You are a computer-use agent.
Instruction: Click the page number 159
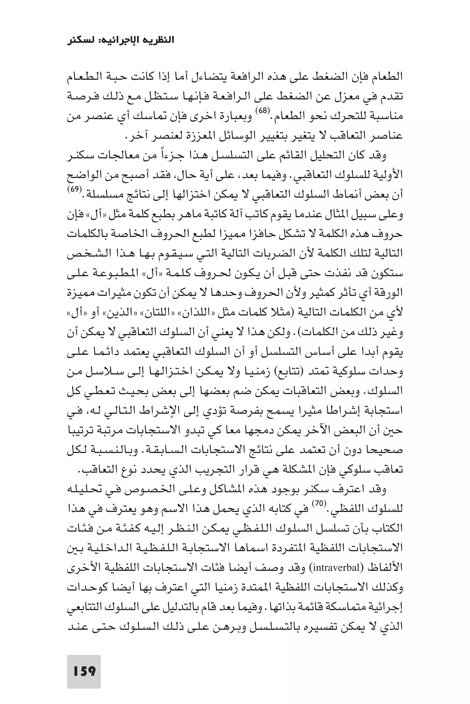pos(84,663)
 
